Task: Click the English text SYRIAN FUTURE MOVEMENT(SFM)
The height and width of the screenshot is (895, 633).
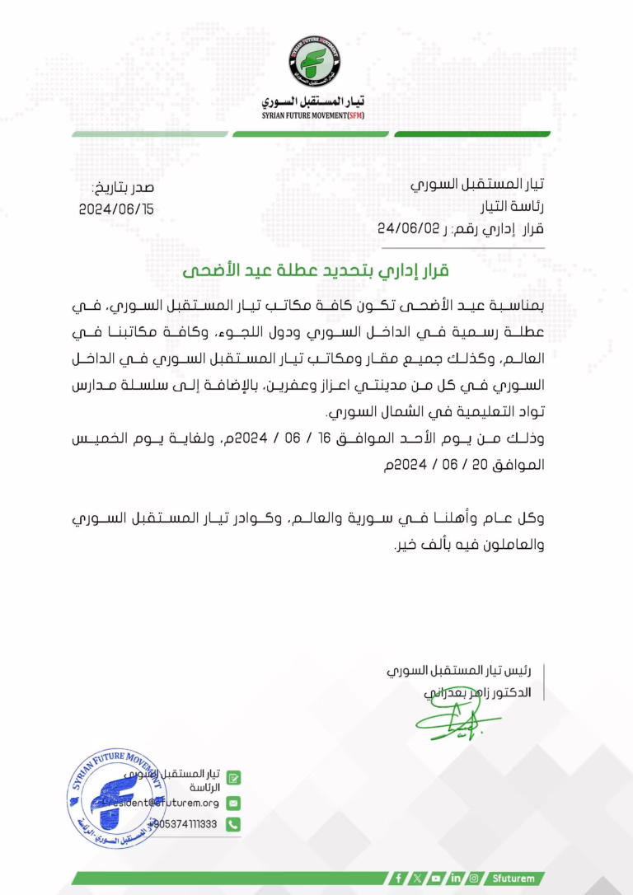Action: point(313,116)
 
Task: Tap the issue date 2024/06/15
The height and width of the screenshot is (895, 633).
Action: point(116,209)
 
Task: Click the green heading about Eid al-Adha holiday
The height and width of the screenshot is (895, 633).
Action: point(316,271)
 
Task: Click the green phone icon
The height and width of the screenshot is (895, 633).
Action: point(233,823)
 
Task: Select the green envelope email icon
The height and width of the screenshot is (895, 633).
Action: point(233,802)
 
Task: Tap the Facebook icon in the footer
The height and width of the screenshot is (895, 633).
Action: point(399,879)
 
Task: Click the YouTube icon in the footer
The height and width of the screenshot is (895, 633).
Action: point(436,879)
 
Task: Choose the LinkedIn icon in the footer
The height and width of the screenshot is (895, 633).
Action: point(455,879)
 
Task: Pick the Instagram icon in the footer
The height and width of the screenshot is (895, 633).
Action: point(473,879)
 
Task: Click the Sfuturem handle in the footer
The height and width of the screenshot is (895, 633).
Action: point(512,879)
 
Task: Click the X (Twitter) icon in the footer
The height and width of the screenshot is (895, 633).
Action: point(418,879)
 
